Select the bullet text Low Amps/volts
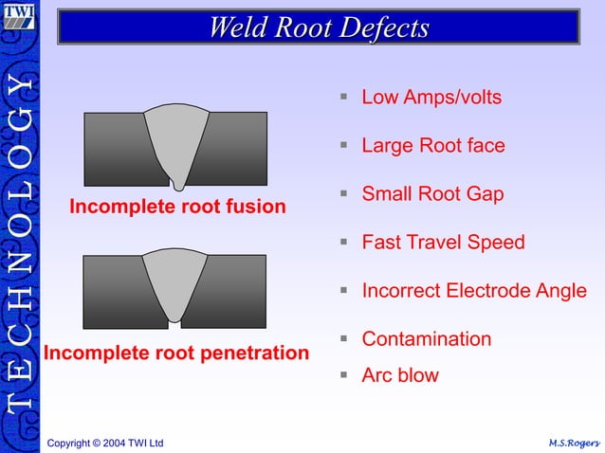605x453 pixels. (x=431, y=98)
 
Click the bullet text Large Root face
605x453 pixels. (x=432, y=146)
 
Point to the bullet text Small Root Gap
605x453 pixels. (x=432, y=194)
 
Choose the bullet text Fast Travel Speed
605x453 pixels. (x=443, y=243)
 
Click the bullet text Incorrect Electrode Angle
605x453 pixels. (x=473, y=291)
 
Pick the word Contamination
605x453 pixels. (x=426, y=339)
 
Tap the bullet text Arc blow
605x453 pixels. (x=400, y=375)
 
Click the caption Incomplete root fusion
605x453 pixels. (x=177, y=207)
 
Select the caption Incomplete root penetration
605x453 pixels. (x=176, y=353)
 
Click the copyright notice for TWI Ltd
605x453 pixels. (x=105, y=443)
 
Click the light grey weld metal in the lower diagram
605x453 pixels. (x=174, y=281)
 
